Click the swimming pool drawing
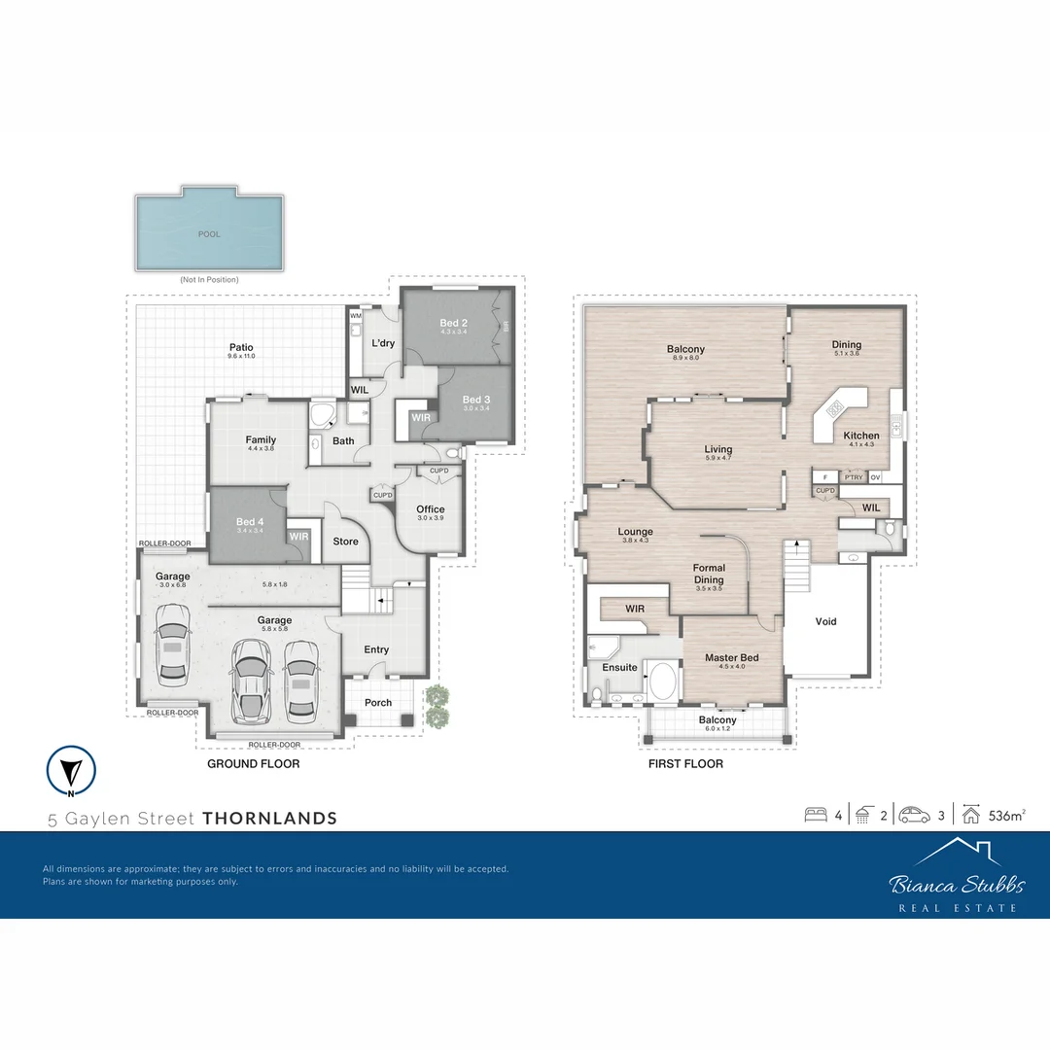point(209,232)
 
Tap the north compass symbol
point(70,770)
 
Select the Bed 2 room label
point(454,324)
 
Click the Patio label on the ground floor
point(241,347)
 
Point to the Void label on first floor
point(825,621)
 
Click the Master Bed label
point(731,658)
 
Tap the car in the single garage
point(172,645)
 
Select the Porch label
point(378,703)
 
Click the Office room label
point(430,509)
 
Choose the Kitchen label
point(860,436)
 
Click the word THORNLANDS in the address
point(269,819)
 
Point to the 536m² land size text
point(1007,815)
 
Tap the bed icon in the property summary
point(815,815)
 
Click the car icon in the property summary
point(914,815)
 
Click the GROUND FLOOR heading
point(253,764)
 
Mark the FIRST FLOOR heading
point(685,764)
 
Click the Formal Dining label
point(709,574)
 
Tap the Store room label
point(345,542)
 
